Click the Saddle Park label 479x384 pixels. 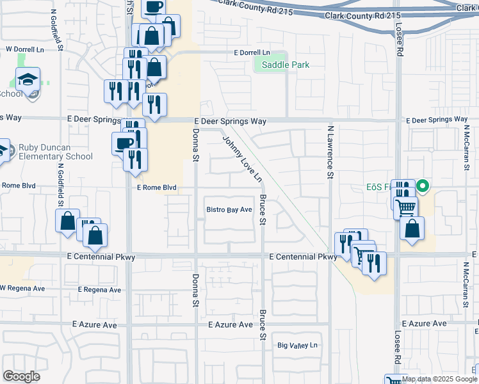[282, 65]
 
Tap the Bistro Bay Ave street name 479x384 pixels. [229, 209]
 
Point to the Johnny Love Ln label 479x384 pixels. [243, 157]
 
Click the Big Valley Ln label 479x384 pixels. [297, 346]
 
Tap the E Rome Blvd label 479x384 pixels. [156, 188]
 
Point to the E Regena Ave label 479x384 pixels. [99, 289]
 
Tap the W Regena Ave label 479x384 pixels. [22, 288]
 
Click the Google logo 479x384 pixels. [21, 376]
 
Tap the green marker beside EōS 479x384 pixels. [423, 187]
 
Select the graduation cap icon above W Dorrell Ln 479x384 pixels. [28, 80]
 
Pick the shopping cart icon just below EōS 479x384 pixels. [405, 207]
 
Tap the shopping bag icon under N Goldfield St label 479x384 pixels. [67, 221]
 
